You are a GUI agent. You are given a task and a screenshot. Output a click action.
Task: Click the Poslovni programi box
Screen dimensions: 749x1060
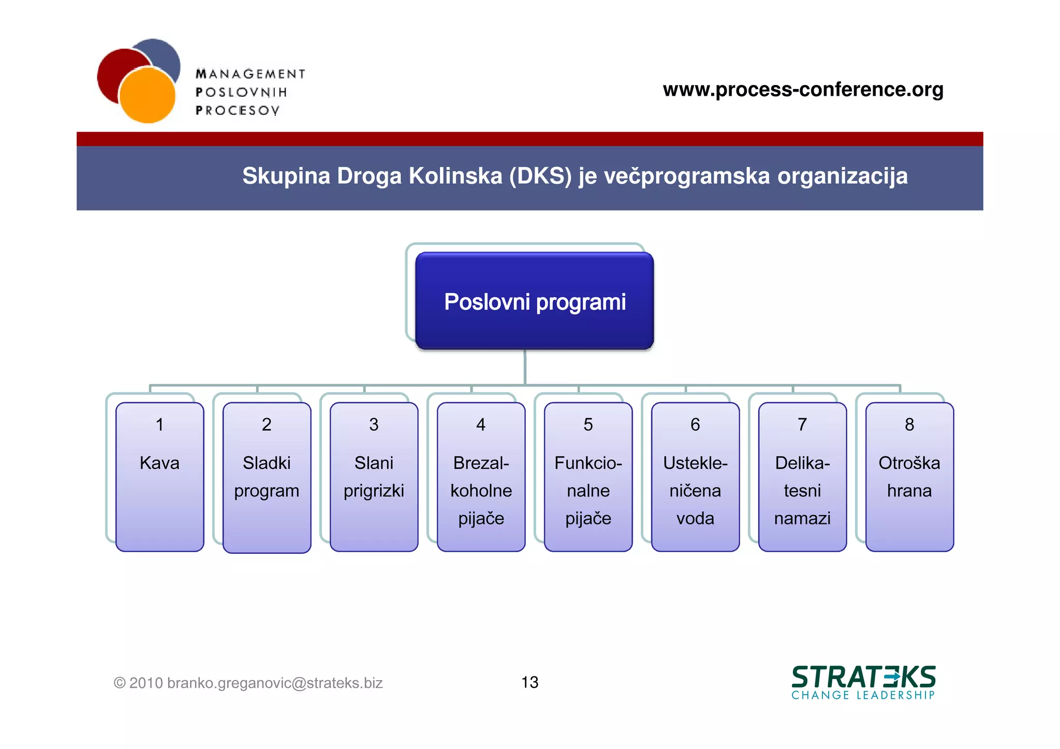click(534, 301)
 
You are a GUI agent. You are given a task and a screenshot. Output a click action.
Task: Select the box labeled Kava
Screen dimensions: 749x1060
click(159, 476)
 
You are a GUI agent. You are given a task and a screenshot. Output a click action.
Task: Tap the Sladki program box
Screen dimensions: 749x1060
click(267, 477)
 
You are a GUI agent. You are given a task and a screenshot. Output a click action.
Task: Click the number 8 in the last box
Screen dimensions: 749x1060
click(909, 424)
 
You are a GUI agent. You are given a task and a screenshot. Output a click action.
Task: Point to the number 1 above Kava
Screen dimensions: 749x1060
click(159, 424)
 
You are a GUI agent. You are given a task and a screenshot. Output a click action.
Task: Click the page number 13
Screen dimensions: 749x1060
click(529, 682)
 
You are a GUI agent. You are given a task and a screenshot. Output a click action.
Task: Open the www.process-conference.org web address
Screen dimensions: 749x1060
click(803, 89)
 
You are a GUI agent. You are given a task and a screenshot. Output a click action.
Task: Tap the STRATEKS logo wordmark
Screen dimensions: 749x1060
click(863, 677)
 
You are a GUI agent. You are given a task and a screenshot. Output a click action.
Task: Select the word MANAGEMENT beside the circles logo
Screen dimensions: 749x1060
click(251, 74)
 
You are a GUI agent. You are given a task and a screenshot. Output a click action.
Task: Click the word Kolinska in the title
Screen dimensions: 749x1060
click(455, 176)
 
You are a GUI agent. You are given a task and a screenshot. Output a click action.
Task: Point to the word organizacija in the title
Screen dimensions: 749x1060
click(842, 176)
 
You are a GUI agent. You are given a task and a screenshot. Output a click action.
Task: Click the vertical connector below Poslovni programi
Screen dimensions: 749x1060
click(525, 367)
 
